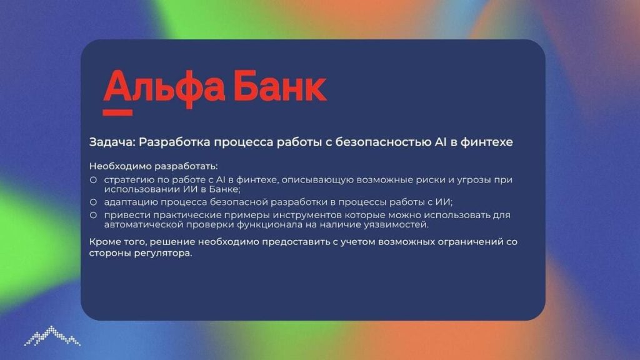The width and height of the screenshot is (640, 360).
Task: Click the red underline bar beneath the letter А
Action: tap(117, 112)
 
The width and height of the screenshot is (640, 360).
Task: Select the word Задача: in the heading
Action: tap(112, 142)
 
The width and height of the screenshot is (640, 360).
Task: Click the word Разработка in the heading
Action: tap(175, 142)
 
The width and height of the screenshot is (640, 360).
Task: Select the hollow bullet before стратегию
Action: tap(94, 179)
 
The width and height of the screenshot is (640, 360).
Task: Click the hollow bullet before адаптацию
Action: tap(94, 202)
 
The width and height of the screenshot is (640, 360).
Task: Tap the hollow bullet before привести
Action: tap(94, 215)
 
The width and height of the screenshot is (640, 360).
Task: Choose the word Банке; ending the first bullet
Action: tap(225, 189)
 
